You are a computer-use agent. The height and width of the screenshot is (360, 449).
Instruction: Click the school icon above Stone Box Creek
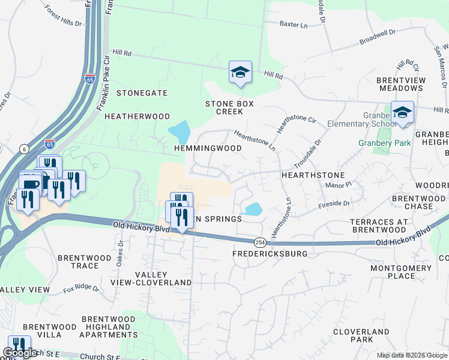[240, 73]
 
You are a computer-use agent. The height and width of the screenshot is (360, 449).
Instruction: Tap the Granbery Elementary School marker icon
[402, 113]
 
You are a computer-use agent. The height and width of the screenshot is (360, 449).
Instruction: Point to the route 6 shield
[24, 148]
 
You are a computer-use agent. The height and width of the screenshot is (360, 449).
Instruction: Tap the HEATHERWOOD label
[137, 116]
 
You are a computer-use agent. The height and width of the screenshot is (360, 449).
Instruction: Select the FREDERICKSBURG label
[270, 254]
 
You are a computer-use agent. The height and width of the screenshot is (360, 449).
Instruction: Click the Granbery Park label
[384, 143]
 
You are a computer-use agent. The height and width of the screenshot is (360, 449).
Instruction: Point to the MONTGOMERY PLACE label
[401, 272]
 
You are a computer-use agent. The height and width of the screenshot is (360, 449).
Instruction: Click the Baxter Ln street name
[294, 25]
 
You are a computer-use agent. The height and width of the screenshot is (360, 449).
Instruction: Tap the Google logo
[21, 353]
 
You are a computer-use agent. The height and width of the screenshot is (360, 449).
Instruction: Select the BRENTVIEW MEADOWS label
[401, 84]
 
